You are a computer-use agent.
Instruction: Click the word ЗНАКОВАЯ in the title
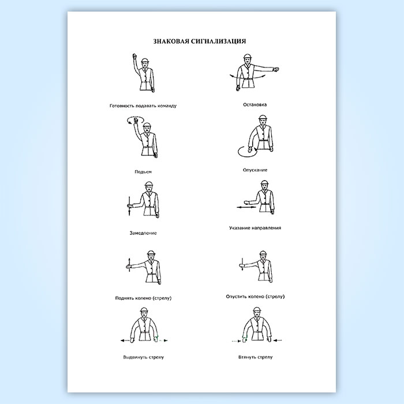[171, 41]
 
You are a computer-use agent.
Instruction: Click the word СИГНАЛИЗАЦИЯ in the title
[219, 41]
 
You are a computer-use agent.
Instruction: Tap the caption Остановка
[255, 104]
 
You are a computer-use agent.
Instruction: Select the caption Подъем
[143, 172]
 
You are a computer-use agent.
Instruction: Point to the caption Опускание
[255, 170]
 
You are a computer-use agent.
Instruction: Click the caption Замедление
[143, 233]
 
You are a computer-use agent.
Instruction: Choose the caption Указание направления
[255, 228]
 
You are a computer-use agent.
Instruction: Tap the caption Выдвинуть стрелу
[144, 357]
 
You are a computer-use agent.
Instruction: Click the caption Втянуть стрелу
[255, 357]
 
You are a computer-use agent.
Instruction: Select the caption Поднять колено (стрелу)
[143, 298]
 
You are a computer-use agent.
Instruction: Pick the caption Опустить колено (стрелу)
[255, 297]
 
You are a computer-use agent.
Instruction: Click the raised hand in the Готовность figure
[134, 57]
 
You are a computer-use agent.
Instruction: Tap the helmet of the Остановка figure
[248, 57]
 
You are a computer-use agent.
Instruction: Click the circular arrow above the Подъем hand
[135, 120]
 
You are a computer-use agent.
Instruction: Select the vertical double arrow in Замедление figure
[129, 206]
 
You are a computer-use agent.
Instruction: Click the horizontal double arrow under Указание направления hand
[246, 207]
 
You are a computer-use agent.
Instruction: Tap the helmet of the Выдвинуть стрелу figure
[144, 310]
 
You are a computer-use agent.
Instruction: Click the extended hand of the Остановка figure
[276, 69]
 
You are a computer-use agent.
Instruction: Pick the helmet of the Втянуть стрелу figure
[257, 310]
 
